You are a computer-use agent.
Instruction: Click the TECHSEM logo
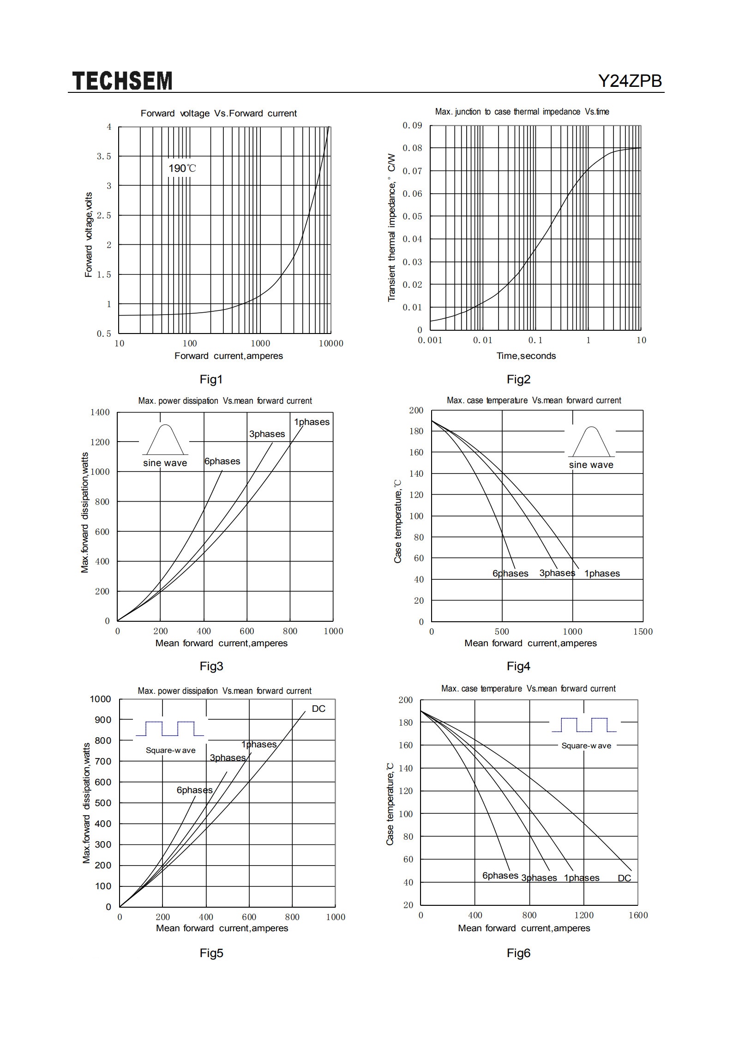pos(122,81)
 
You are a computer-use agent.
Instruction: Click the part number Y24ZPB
pos(630,81)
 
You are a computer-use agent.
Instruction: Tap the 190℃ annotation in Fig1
pos(182,168)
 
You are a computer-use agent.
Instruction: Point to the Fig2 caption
pos(518,379)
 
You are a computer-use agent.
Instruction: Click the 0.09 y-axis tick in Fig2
pos(412,126)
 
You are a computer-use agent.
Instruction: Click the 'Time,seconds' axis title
pos(526,356)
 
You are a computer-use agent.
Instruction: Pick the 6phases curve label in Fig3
pos(222,461)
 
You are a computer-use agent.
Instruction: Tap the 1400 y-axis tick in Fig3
pos(100,412)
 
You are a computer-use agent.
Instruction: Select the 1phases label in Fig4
pos(602,573)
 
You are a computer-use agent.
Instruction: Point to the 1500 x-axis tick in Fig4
pos(643,631)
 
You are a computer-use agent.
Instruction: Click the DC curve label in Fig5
pos(318,709)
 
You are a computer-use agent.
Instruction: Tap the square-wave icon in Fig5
pos(170,728)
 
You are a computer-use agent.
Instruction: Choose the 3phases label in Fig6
pos(539,878)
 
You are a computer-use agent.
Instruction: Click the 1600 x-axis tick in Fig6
pos(638,915)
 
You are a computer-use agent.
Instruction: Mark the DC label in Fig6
pos(625,878)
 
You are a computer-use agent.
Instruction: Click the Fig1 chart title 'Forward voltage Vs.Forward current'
pos(219,113)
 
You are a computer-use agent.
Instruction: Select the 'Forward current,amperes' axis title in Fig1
pos(228,356)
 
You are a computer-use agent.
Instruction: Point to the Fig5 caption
pos(211,953)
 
